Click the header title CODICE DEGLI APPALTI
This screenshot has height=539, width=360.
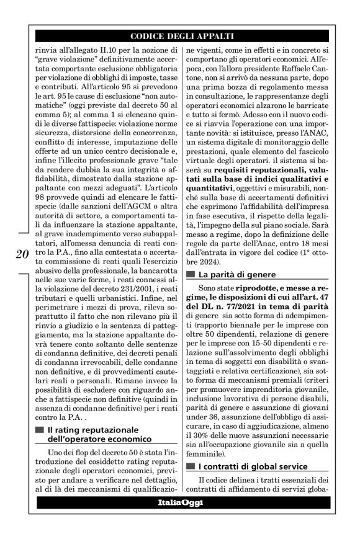(180, 35)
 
